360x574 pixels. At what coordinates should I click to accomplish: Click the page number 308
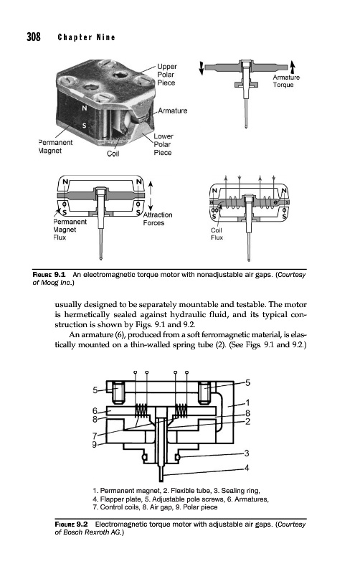(34, 37)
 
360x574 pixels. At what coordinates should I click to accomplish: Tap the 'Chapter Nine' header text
(87, 37)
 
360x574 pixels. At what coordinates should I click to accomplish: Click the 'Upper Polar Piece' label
(167, 75)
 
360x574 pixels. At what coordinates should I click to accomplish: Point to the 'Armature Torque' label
(286, 81)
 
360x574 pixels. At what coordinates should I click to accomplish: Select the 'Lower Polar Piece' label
(164, 144)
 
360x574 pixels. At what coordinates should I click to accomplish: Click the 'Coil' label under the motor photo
(113, 154)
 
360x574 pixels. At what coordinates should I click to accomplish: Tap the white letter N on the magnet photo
(85, 108)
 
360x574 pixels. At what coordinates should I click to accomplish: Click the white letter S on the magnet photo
(84, 126)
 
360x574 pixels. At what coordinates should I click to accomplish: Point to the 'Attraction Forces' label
(157, 219)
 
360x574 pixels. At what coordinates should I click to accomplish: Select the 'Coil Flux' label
(217, 234)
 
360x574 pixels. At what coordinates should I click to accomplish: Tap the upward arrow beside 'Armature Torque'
(293, 67)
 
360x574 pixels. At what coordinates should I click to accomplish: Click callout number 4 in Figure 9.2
(247, 468)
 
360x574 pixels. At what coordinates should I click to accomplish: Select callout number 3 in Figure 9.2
(247, 453)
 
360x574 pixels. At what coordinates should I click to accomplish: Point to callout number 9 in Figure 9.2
(95, 445)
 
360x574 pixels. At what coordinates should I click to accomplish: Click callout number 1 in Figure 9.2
(247, 403)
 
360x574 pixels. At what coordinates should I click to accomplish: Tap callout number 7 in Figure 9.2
(95, 436)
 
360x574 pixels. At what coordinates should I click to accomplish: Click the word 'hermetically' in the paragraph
(87, 314)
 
